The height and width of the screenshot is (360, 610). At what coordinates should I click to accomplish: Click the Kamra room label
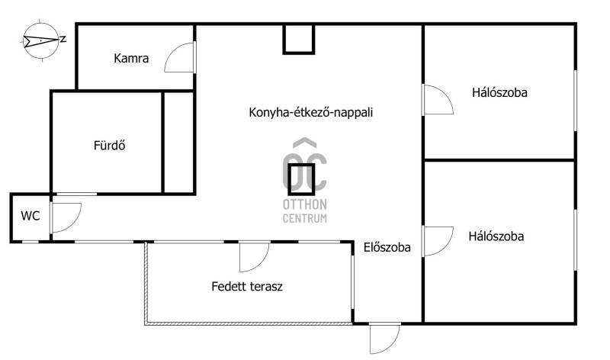[x=131, y=59]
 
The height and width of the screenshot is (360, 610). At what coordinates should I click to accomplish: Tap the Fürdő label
[x=109, y=145]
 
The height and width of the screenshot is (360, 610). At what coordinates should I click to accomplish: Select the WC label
[x=30, y=216]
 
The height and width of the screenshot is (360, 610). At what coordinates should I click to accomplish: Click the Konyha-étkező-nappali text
[x=310, y=112]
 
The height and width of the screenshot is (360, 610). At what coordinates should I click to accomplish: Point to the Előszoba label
[x=387, y=247]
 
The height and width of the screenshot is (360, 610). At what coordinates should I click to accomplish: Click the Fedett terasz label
[x=247, y=287]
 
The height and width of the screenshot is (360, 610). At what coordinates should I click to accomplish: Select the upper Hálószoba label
[x=499, y=92]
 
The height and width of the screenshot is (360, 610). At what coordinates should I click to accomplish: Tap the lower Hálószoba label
[x=496, y=236]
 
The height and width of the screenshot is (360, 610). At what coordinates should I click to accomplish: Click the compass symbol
[x=41, y=40]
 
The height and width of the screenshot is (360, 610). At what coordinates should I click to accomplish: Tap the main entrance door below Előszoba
[x=392, y=346]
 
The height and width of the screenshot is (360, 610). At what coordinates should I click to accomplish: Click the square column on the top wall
[x=298, y=39]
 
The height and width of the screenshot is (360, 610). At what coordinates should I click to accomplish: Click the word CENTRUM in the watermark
[x=304, y=218]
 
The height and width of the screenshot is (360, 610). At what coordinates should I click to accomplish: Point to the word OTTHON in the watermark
[x=304, y=204]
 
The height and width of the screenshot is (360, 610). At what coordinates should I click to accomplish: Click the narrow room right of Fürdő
[x=178, y=142]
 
